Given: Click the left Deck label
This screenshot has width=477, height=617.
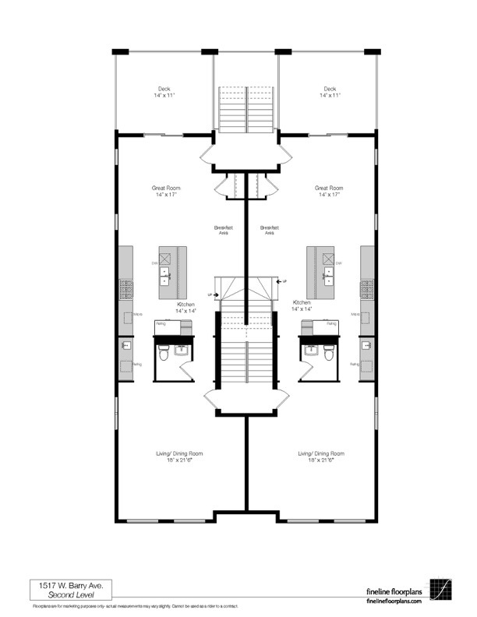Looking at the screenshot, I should click(x=164, y=92).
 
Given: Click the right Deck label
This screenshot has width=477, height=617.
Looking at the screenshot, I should click(x=330, y=92).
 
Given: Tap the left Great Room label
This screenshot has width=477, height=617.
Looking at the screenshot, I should click(x=166, y=191).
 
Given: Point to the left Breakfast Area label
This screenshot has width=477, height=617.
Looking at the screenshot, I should click(x=224, y=230).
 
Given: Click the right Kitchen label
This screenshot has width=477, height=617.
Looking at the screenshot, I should click(x=302, y=305).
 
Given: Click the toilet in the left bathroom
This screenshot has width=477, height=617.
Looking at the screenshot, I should click(x=164, y=354).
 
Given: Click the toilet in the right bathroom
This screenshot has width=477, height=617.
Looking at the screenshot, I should click(x=330, y=354).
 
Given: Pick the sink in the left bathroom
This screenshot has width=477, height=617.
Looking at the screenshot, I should click(x=182, y=349).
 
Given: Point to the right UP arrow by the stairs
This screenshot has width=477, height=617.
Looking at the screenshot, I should click(x=282, y=280).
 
